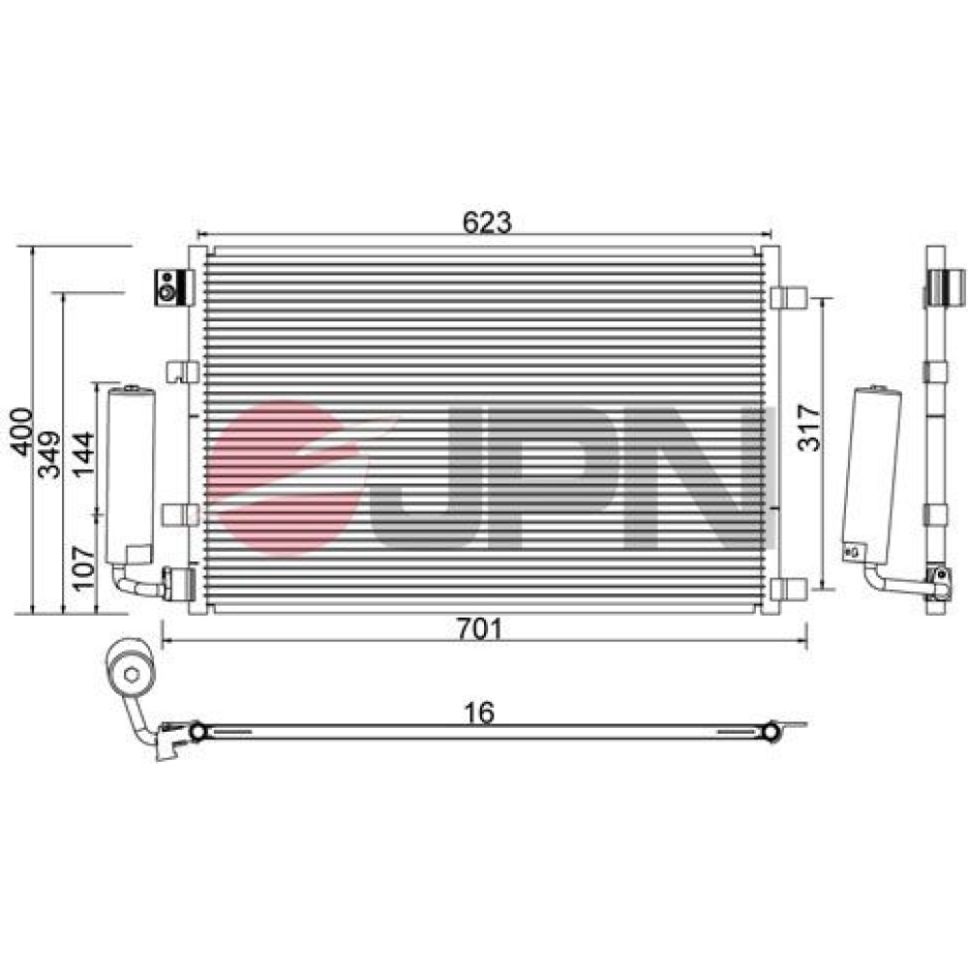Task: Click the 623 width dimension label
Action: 487,222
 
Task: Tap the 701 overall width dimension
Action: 480,629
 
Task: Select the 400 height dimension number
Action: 22,432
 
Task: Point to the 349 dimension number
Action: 50,454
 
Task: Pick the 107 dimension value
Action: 83,568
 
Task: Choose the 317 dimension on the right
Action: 809,428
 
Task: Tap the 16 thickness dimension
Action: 479,712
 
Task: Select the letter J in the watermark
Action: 426,478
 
